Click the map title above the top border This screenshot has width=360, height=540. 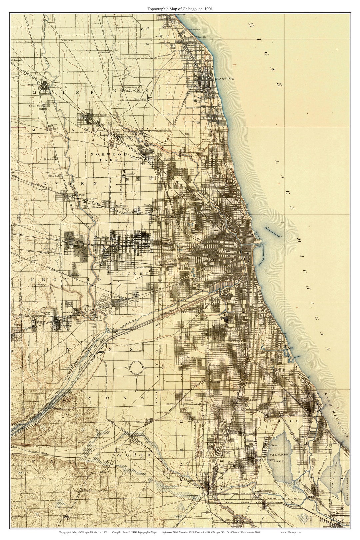(180, 9)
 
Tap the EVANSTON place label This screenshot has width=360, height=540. (225, 79)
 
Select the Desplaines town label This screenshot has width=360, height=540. (34, 85)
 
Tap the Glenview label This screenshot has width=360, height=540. (105, 52)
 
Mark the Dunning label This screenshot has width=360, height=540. (130, 174)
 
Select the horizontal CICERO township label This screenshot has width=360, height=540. (133, 273)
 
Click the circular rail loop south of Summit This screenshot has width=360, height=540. (136, 368)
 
